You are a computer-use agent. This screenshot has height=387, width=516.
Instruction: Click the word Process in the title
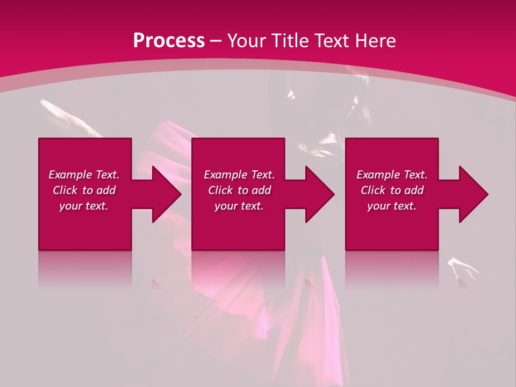pos(169,41)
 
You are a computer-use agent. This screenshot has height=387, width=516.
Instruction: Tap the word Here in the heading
pos(375,41)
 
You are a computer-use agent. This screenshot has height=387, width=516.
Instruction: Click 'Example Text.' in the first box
pos(84,175)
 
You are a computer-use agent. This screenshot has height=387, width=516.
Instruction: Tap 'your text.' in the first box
pos(84,206)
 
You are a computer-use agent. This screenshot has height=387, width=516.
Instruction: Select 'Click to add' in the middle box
pos(239,190)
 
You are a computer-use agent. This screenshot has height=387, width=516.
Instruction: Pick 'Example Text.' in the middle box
pos(239,175)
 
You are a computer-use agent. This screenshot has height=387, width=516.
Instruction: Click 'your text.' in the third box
pos(392,206)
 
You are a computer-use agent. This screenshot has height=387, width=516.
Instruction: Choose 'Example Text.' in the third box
pos(392,175)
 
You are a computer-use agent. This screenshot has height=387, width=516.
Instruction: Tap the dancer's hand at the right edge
pos(463,268)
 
